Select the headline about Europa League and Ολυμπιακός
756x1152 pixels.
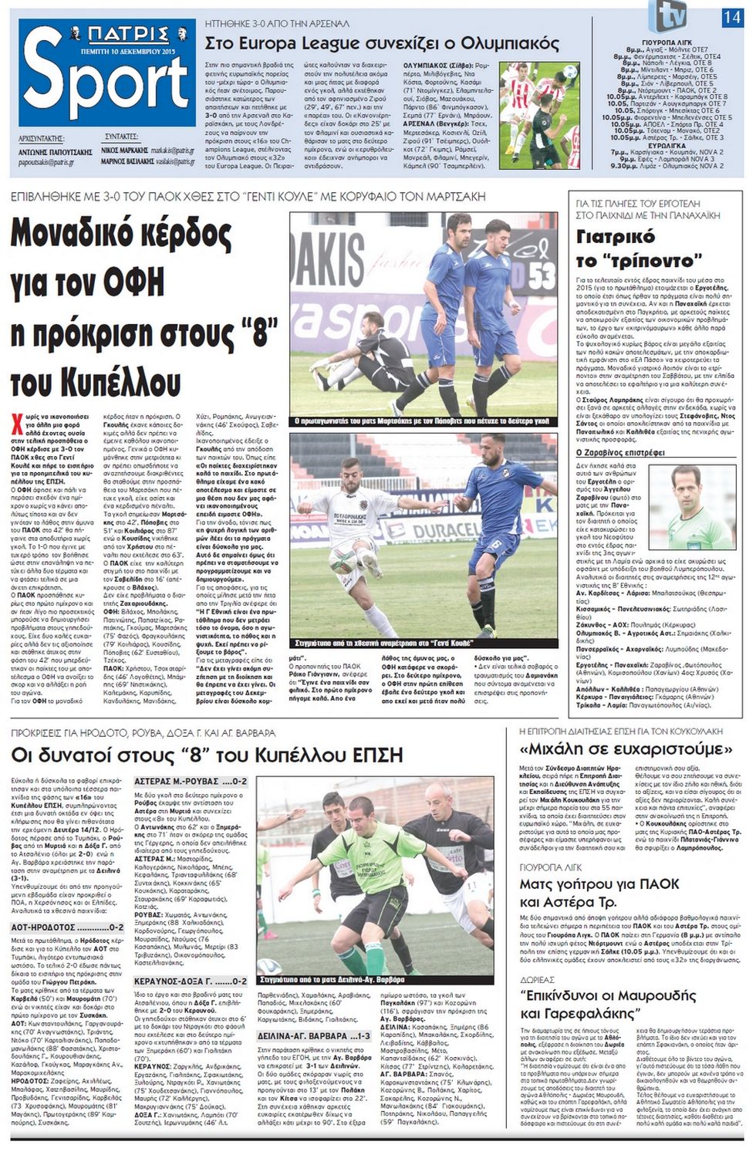click(382, 43)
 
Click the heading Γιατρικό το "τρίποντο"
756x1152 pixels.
click(616, 247)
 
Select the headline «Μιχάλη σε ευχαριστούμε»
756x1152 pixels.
click(626, 749)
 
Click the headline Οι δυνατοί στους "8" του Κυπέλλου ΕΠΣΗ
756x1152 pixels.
click(207, 754)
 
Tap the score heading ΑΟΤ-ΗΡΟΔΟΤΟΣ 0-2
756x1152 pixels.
click(67, 927)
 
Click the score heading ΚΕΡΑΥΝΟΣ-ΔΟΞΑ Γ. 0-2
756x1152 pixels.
click(191, 981)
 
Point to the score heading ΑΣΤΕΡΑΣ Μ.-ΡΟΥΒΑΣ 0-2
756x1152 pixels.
click(191, 782)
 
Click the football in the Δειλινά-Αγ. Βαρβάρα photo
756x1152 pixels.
click(268, 965)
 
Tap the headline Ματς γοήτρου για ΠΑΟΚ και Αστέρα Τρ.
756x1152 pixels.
click(599, 893)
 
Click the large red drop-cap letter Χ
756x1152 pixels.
click(17, 421)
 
